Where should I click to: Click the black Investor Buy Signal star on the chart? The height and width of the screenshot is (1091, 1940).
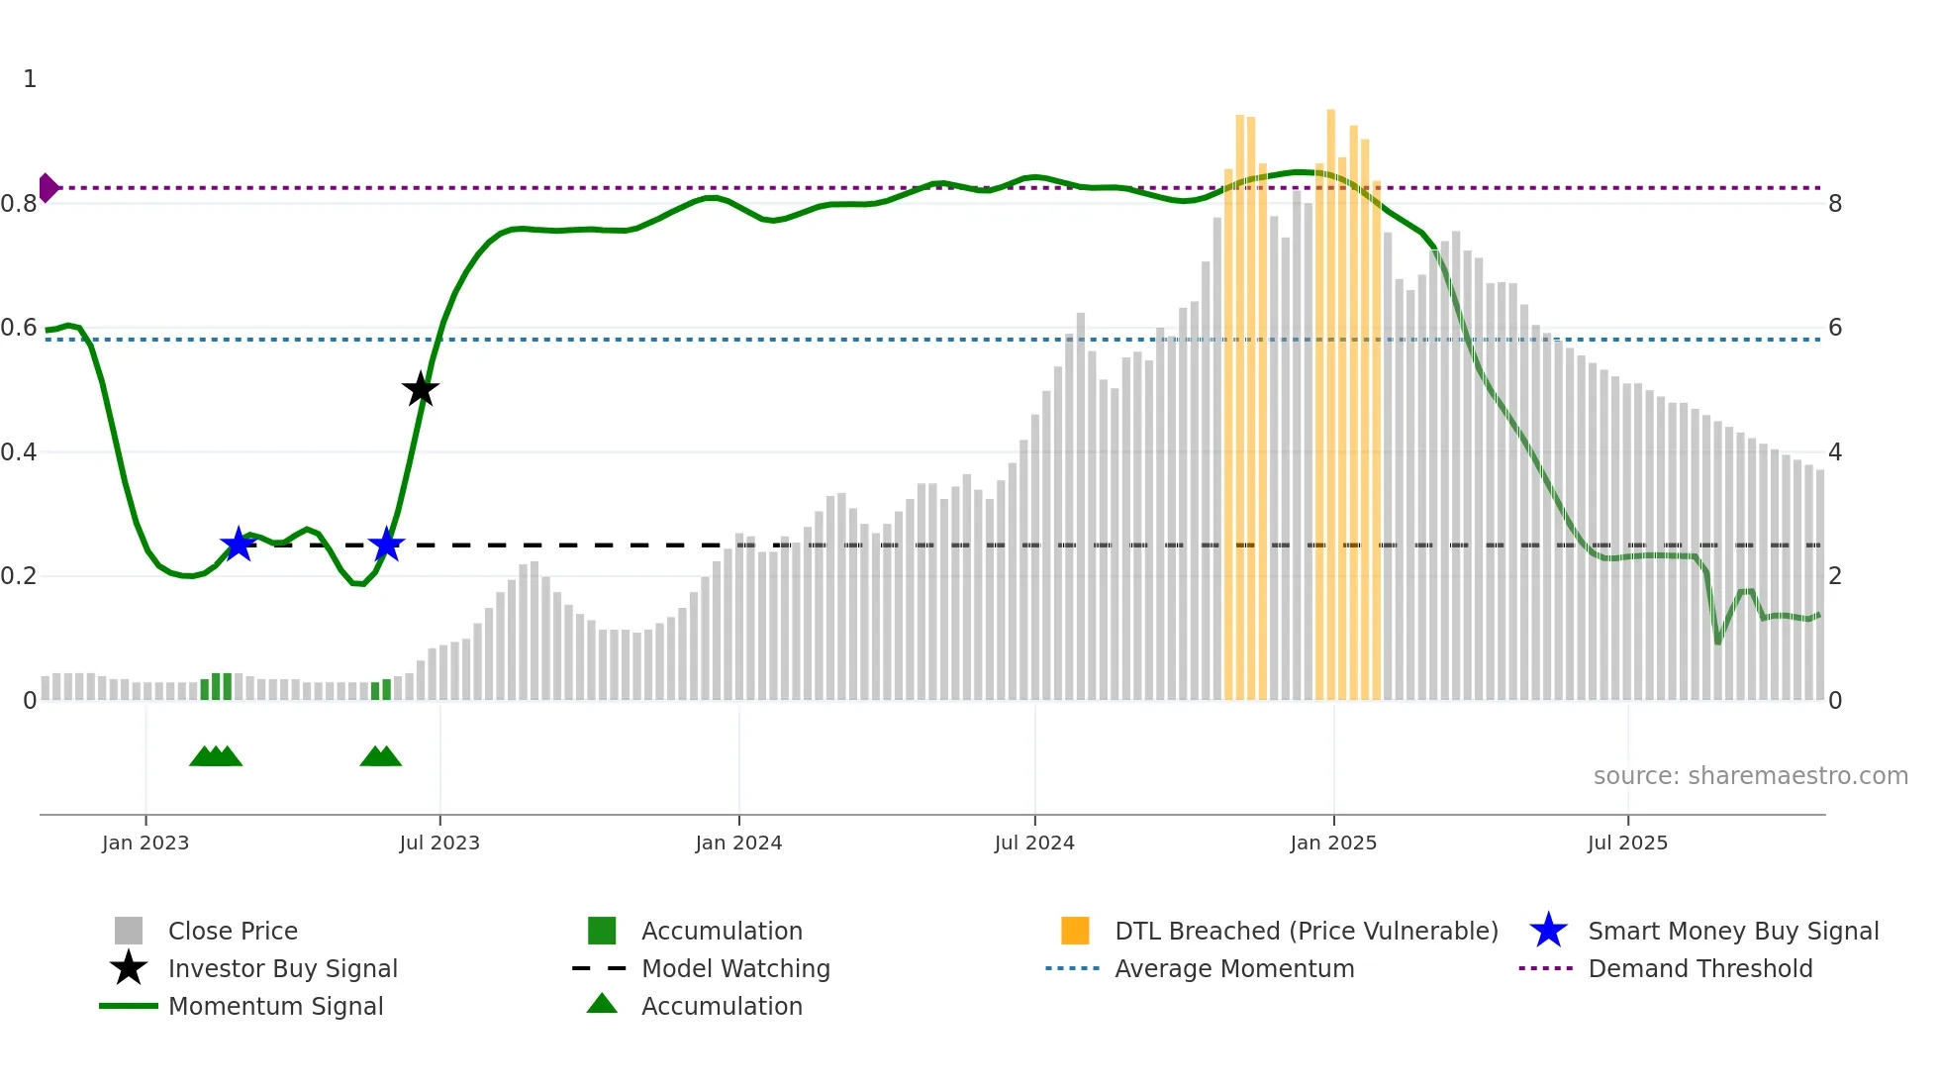coord(421,389)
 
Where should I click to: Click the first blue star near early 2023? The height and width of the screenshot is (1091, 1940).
coord(239,545)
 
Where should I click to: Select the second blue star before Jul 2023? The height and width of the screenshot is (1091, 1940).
coord(386,545)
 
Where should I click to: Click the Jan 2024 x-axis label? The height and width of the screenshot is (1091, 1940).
coord(738,843)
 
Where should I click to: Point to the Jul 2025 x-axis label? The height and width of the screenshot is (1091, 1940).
coord(1627,843)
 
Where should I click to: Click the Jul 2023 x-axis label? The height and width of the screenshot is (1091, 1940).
coord(439,843)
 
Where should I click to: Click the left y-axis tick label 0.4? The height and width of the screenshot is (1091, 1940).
coord(19,452)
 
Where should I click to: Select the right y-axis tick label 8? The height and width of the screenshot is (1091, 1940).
coord(1835,204)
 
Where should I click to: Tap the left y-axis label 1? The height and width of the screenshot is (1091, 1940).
coord(30,79)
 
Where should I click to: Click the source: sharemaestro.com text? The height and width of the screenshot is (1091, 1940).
coord(1750,775)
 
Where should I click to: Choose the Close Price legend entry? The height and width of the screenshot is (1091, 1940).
coord(233,931)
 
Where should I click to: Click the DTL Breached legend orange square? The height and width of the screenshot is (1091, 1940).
coord(1075,931)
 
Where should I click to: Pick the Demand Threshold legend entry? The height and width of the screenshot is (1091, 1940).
coord(1699,968)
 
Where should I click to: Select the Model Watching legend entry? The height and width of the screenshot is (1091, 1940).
coord(735,968)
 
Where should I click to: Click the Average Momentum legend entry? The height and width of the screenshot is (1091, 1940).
coord(1233,968)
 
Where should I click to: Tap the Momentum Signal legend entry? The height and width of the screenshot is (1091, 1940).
coord(275,1006)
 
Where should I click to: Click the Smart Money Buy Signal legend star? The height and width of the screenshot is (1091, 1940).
coord(1548,931)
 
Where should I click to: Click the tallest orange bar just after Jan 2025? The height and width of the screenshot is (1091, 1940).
coord(1331,396)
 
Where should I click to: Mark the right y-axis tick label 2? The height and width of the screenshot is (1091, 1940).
coord(1835,576)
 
